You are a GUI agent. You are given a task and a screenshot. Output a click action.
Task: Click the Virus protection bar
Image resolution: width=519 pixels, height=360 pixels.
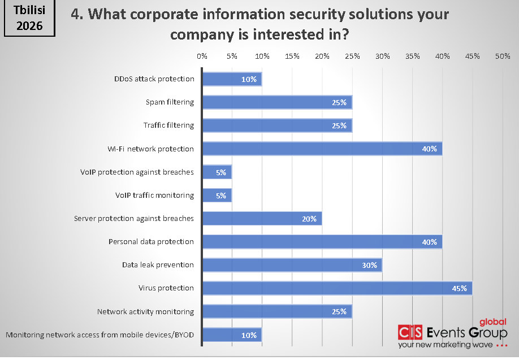coord(336,288)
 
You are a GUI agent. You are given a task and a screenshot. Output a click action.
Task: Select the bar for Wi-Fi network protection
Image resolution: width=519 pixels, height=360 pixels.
coord(322,149)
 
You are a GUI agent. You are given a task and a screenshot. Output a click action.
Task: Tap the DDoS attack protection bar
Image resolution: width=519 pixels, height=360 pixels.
coord(231,79)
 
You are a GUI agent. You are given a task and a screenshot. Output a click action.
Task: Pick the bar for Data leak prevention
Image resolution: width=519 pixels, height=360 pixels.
coord(292,265)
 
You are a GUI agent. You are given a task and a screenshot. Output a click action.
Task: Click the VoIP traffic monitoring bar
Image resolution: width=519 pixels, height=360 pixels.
coord(216,196)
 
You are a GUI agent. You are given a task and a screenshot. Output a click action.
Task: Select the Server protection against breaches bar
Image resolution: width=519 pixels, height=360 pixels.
coord(261,219)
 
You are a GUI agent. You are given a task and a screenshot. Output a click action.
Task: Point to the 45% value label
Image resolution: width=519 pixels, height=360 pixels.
coord(459,289)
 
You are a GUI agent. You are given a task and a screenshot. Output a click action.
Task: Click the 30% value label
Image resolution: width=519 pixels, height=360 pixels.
coord(369,266)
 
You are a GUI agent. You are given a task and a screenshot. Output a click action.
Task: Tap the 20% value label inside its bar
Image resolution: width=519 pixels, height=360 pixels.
coord(309,219)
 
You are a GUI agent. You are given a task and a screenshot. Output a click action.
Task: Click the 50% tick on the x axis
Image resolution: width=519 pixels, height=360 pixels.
coord(503,56)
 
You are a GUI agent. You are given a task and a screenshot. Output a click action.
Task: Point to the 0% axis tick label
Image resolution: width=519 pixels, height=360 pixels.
coord(202,56)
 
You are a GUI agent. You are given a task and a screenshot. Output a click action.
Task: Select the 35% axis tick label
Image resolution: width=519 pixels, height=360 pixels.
coord(412,56)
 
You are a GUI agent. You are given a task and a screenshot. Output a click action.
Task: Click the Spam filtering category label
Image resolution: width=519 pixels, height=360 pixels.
coord(169,102)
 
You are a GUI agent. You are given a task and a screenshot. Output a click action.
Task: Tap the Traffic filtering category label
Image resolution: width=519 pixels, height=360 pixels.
coord(168,125)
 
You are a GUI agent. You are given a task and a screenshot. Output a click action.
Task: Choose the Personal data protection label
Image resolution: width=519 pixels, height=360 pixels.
coord(151,242)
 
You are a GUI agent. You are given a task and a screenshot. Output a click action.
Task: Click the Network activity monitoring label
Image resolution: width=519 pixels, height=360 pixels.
coord(145,311)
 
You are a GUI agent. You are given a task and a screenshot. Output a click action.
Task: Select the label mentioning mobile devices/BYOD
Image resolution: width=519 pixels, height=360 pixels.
coord(100,335)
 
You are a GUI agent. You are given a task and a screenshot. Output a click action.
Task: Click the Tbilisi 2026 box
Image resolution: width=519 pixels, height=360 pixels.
coord(29,19)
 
